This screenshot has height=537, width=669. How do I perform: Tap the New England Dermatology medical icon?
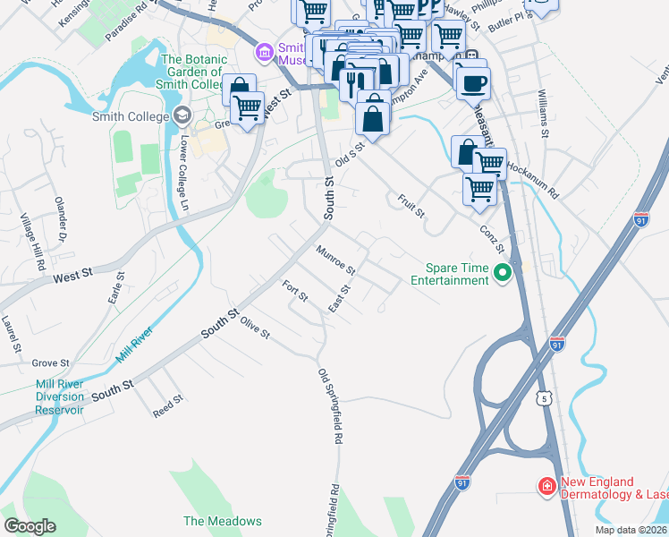point(546,487)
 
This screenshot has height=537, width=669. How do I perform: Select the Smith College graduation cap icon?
point(182,115)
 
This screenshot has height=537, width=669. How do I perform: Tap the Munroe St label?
point(334,259)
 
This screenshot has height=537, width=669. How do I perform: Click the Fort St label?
point(294,291)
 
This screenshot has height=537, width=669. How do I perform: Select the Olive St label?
point(255,331)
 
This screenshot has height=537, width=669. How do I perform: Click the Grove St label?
point(51,363)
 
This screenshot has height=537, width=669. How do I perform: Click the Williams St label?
point(543,113)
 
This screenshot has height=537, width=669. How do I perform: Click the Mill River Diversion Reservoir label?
point(60,396)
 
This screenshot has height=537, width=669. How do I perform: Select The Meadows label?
point(223,521)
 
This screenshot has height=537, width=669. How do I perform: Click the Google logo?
point(30,526)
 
